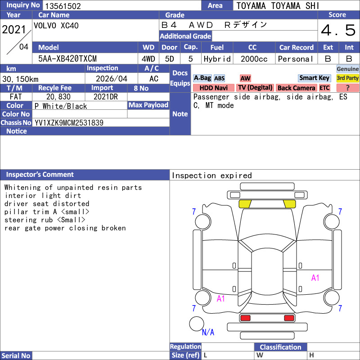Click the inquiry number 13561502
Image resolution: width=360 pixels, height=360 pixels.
point(63,6)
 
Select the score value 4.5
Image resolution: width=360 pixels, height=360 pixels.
point(338,30)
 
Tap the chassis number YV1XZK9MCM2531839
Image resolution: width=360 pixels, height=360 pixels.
point(69,123)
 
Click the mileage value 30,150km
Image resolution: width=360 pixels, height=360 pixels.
point(20,79)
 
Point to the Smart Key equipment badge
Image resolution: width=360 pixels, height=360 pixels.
point(314,78)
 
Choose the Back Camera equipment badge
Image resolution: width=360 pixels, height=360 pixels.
point(296,88)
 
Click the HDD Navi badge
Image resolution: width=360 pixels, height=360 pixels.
point(213,88)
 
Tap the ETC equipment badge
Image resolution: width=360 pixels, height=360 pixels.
point(324,88)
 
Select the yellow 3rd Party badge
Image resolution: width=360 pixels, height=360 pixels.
point(347,78)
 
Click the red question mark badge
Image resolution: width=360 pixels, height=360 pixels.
point(347,88)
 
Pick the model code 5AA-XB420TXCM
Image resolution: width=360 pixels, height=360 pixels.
point(67,59)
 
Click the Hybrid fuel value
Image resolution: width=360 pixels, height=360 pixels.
point(217,59)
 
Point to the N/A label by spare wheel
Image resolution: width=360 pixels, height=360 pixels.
point(208,332)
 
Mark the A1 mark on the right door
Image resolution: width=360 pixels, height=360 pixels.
point(315,278)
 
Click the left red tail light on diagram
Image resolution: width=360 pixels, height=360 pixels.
point(245,318)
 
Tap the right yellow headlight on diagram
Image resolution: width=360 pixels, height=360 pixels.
point(289,204)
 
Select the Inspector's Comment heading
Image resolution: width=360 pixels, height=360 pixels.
point(40,175)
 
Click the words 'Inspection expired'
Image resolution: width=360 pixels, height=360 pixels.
point(211,175)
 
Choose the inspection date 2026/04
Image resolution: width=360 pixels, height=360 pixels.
point(111,79)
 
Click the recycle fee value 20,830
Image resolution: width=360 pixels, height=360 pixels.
point(58,97)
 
